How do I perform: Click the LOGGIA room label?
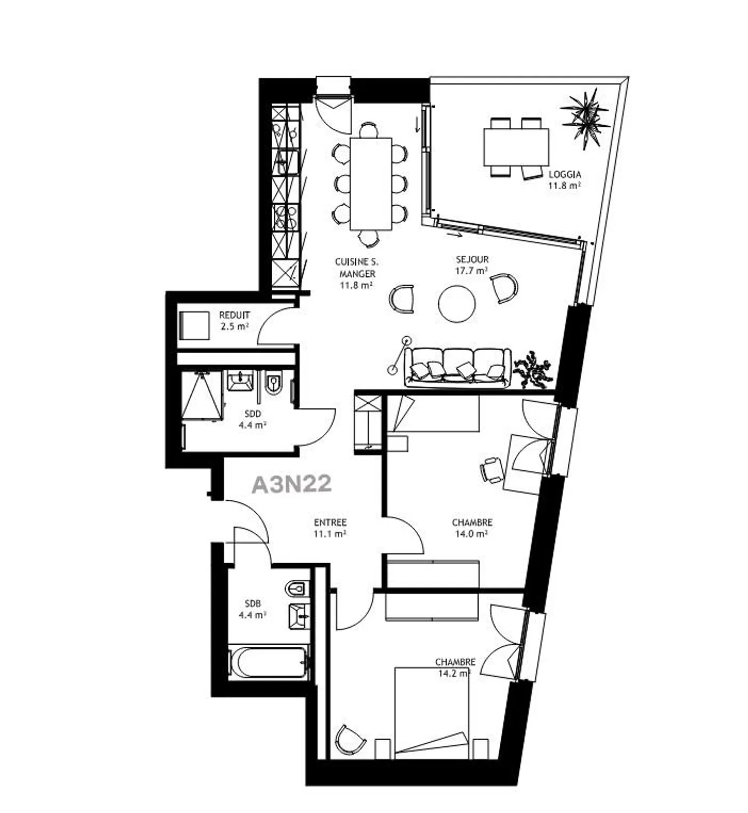pyautogui.click(x=565, y=175)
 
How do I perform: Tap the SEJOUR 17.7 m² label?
pyautogui.click(x=472, y=265)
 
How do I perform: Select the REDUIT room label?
pyautogui.click(x=234, y=315)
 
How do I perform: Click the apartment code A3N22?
pyautogui.click(x=291, y=484)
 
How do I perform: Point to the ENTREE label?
pyautogui.click(x=330, y=523)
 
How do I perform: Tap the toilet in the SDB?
pyautogui.click(x=297, y=589)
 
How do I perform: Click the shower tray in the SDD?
pyautogui.click(x=201, y=394)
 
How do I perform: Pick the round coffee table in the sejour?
pyautogui.click(x=457, y=304)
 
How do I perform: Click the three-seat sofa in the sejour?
pyautogui.click(x=457, y=367)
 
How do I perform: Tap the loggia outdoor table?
pyautogui.click(x=516, y=147)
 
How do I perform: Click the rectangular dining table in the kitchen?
pyautogui.click(x=370, y=184)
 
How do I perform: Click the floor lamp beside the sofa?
pyautogui.click(x=399, y=354)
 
